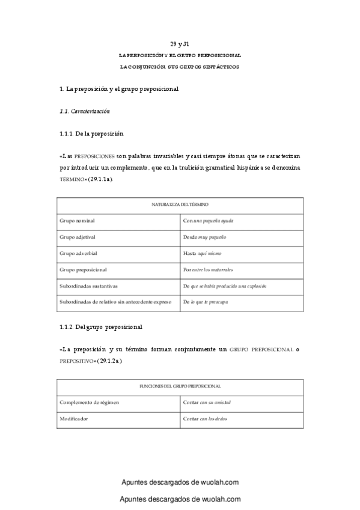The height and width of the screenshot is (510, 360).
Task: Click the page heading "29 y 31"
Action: pos(180,45)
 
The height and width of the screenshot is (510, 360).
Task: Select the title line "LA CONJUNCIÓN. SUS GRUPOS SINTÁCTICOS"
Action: pos(180,67)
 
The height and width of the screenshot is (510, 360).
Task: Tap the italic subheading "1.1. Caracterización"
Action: pos(84,111)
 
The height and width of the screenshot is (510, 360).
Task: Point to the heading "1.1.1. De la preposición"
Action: pos(91,134)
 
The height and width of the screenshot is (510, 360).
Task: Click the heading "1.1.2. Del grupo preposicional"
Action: pos(100,327)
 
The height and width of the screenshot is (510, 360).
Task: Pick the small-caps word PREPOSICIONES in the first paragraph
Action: pos(94,156)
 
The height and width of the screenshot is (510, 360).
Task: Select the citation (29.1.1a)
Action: pos(100,179)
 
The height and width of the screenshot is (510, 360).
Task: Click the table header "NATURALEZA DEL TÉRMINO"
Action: pos(180,205)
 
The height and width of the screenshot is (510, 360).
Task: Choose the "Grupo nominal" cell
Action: pos(77,221)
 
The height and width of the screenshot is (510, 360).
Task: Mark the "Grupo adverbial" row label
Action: pos(79,253)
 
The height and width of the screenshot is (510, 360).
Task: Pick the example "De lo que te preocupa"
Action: pos(206,302)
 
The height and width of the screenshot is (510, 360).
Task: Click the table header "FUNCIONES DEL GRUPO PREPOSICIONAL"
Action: pos(180,386)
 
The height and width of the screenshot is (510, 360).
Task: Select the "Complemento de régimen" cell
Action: pos(89,402)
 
